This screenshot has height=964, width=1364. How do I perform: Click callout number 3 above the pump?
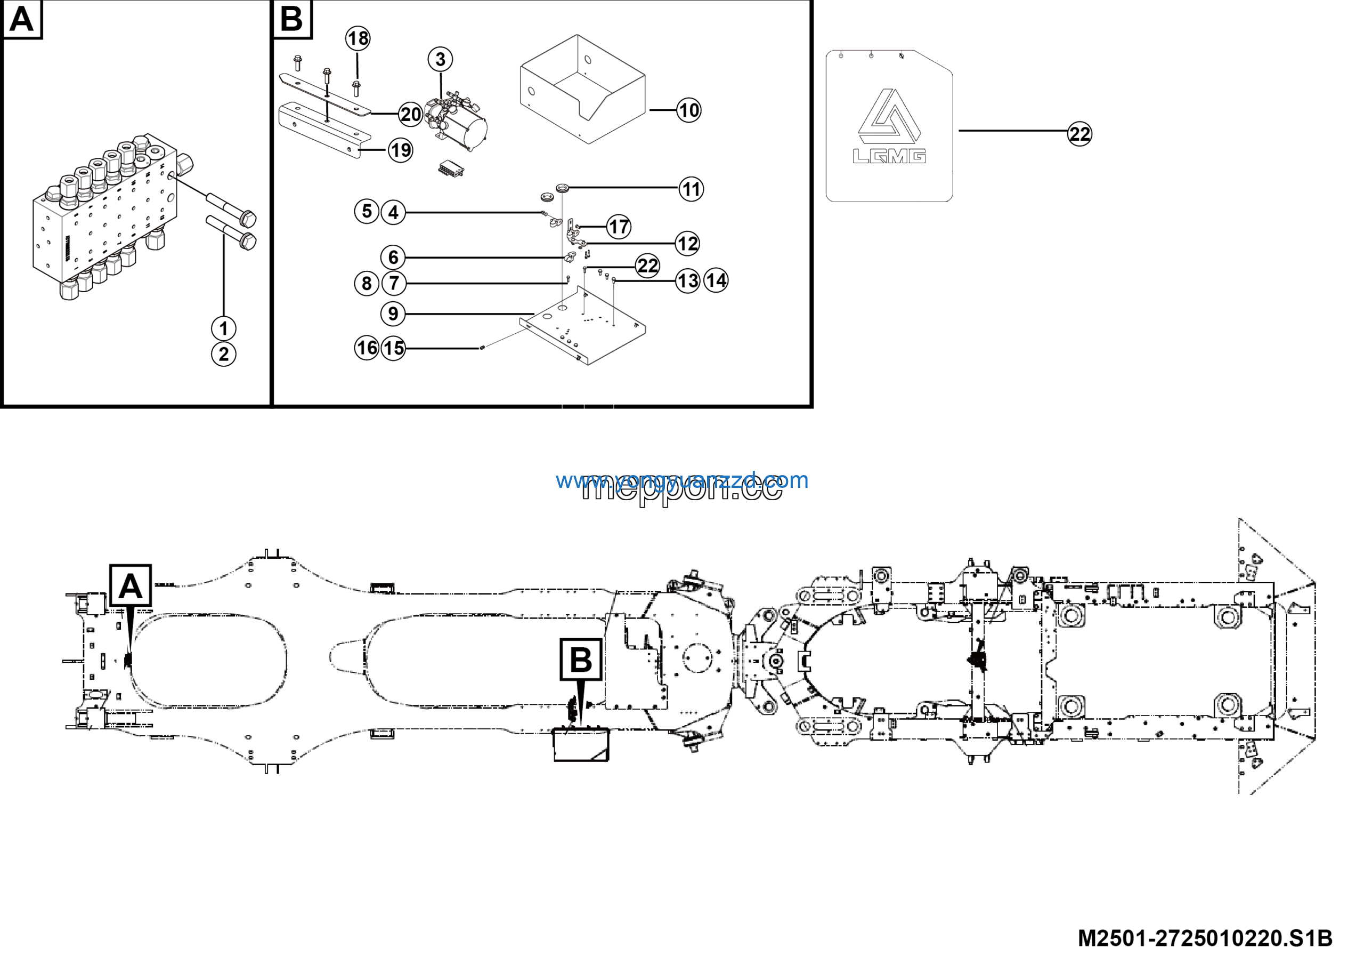tap(440, 59)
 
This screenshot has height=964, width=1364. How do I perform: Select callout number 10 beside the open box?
tap(688, 110)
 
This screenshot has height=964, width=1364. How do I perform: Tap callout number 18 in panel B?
tap(358, 38)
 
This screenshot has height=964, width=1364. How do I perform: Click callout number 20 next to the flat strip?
tap(410, 114)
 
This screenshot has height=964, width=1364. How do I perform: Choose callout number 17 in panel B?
tap(619, 227)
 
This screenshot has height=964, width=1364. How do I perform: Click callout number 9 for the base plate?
tap(393, 314)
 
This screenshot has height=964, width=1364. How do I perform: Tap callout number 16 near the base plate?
tap(367, 348)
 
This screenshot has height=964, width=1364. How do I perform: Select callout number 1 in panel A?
tap(223, 328)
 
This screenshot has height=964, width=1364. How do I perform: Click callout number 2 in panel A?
tap(223, 355)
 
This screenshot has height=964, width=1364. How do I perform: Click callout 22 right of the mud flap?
tap(1079, 134)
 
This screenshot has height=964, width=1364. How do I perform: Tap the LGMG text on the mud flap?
tap(889, 156)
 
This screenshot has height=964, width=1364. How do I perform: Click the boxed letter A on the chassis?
tap(131, 586)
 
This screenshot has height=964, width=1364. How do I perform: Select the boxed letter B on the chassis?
tap(580, 660)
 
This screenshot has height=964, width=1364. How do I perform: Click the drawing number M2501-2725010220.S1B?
tap(1205, 938)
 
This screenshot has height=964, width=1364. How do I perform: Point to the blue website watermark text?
tap(681, 480)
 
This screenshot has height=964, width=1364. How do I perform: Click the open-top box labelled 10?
tap(582, 89)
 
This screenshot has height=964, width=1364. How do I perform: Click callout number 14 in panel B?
tap(716, 280)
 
